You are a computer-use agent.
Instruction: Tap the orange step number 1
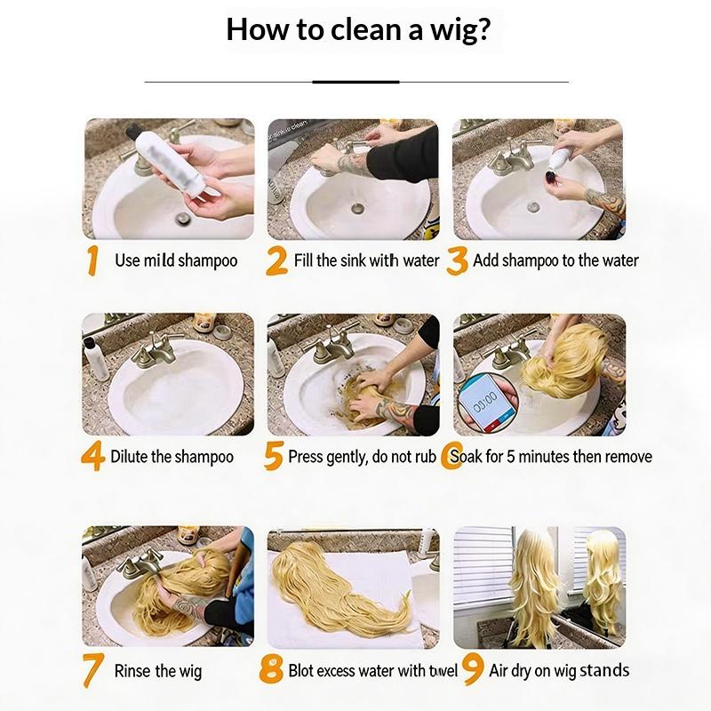pyautogui.click(x=93, y=260)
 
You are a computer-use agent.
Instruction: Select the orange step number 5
pyautogui.click(x=274, y=456)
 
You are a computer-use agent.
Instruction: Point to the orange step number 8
pyautogui.click(x=271, y=669)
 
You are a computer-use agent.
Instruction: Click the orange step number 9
pyautogui.click(x=473, y=670)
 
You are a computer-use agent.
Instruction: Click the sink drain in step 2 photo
pyautogui.click(x=357, y=209)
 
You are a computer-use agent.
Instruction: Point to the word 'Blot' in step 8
pyautogui.click(x=301, y=671)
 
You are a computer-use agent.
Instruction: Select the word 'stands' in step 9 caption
pyautogui.click(x=605, y=670)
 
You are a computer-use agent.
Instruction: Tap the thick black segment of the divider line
pyautogui.click(x=356, y=82)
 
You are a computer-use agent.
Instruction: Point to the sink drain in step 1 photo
pyautogui.click(x=183, y=218)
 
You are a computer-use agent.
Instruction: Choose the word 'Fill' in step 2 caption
pyautogui.click(x=303, y=260)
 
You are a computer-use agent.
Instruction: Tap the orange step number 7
pyautogui.click(x=93, y=670)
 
